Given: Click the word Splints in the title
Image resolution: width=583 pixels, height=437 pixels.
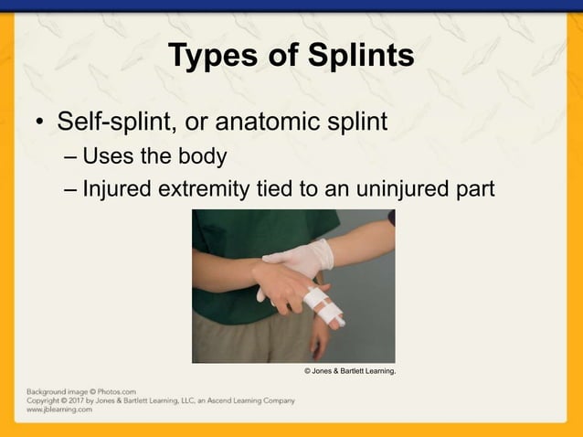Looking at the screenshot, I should click(x=359, y=56).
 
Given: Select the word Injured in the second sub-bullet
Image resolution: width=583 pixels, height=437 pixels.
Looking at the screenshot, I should click(x=112, y=189).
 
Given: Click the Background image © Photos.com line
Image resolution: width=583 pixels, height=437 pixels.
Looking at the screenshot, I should click(x=80, y=391).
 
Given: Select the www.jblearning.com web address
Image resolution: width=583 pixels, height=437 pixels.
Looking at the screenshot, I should click(x=58, y=410).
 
